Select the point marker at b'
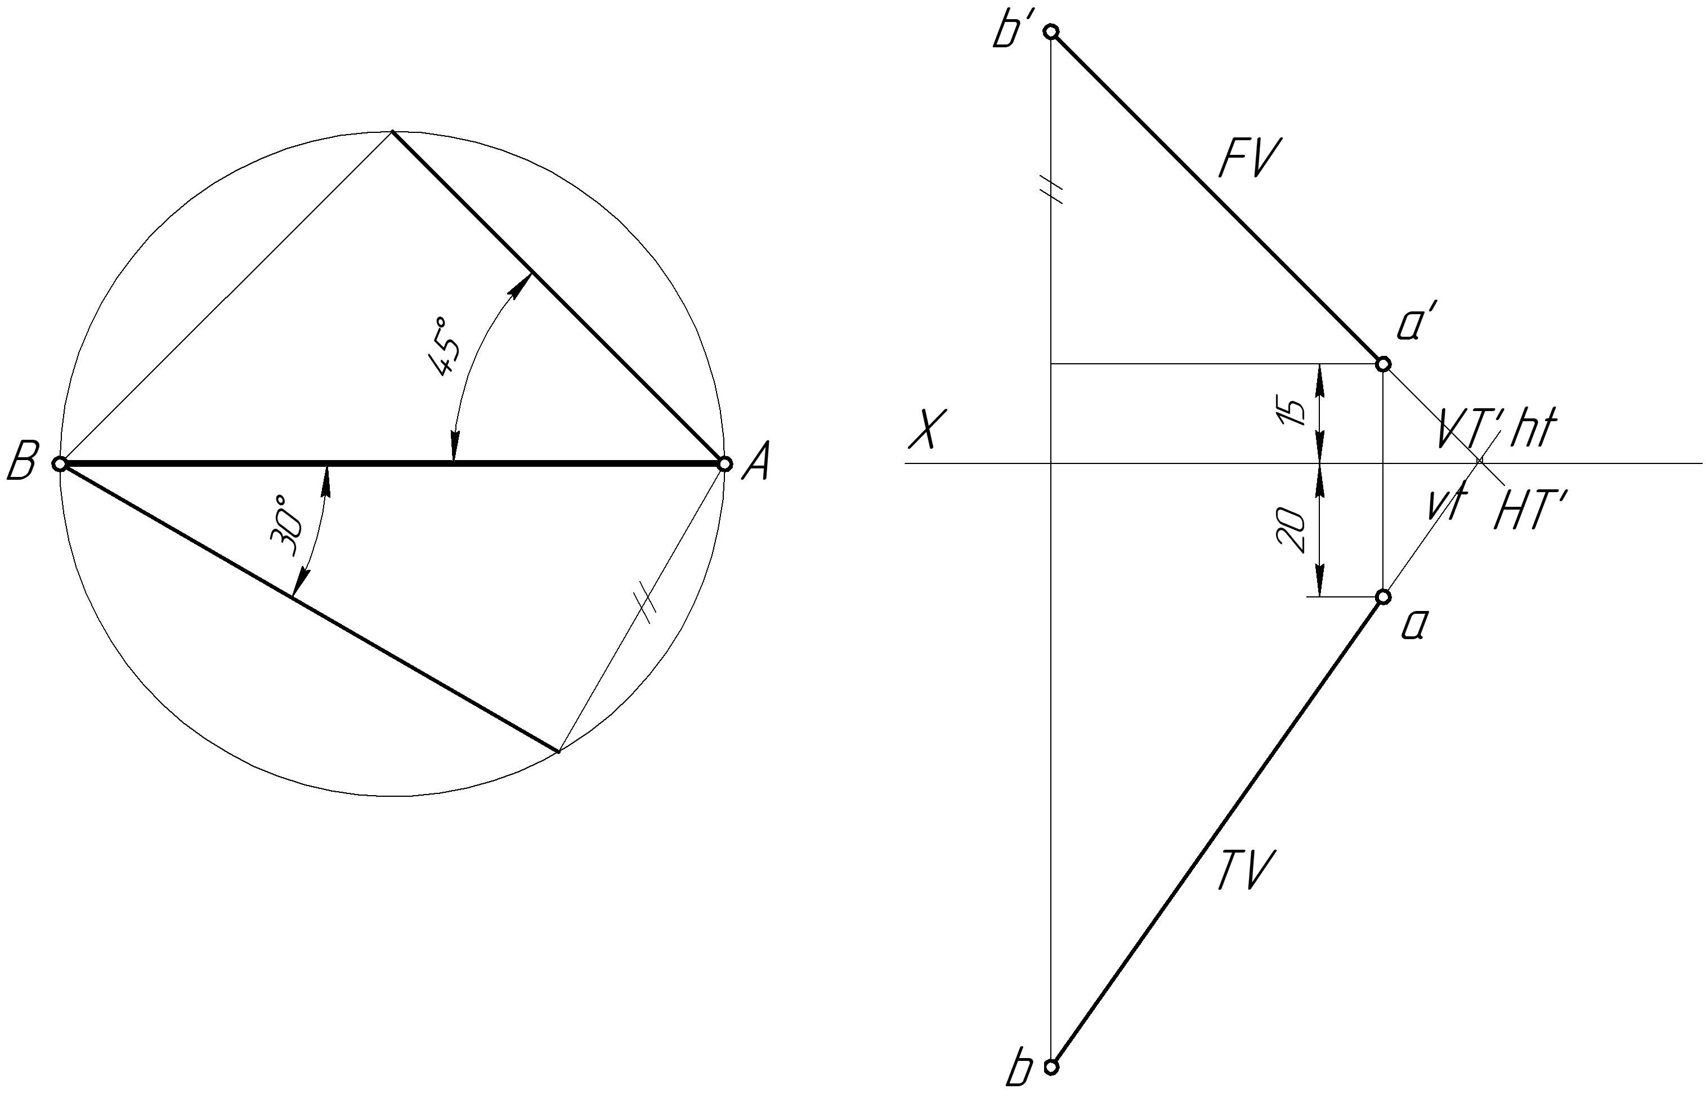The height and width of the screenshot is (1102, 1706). [1051, 32]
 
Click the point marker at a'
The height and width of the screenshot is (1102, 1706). [1383, 364]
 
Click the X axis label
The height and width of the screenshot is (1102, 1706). [924, 429]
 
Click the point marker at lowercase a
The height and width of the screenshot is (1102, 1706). [1383, 597]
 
